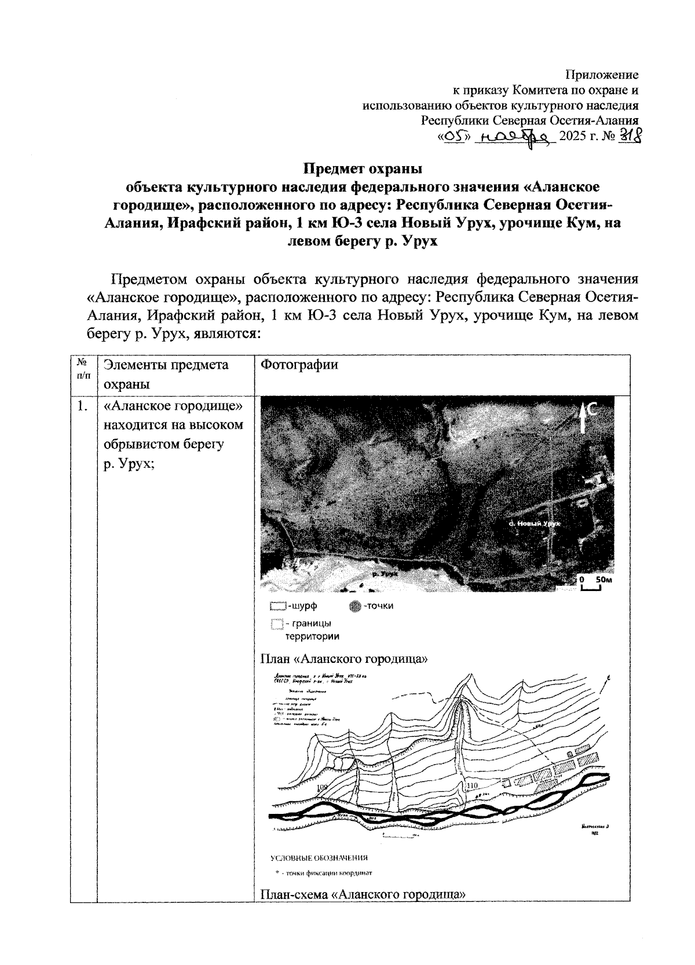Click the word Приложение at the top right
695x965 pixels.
coord(602,75)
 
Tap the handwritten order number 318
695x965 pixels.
coord(628,137)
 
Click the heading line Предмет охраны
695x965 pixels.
coord(363,170)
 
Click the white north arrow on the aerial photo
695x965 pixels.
coord(582,418)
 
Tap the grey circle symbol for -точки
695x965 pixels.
coord(356,607)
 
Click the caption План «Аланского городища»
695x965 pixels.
coord(344,659)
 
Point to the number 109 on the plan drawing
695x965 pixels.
coord(323,787)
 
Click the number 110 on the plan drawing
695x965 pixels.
coord(471,786)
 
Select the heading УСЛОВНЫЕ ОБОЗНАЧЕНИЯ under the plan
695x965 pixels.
coord(319,858)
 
